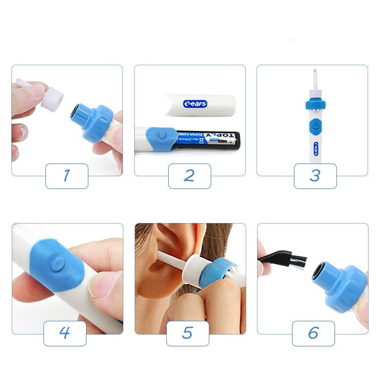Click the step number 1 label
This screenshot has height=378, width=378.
click(x=67, y=176)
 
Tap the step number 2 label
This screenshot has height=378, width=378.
click(x=189, y=176)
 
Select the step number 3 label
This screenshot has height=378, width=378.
click(x=315, y=176)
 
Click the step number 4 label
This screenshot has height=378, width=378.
click(x=65, y=333)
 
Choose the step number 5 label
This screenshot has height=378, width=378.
click(x=188, y=333)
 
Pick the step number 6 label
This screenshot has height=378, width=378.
click(x=313, y=333)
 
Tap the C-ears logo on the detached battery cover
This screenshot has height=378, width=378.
click(x=195, y=103)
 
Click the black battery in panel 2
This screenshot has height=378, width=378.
click(x=208, y=140)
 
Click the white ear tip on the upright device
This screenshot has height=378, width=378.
click(x=312, y=77)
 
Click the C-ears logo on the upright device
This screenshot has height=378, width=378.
click(x=315, y=147)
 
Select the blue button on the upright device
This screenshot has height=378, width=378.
click(x=313, y=126)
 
